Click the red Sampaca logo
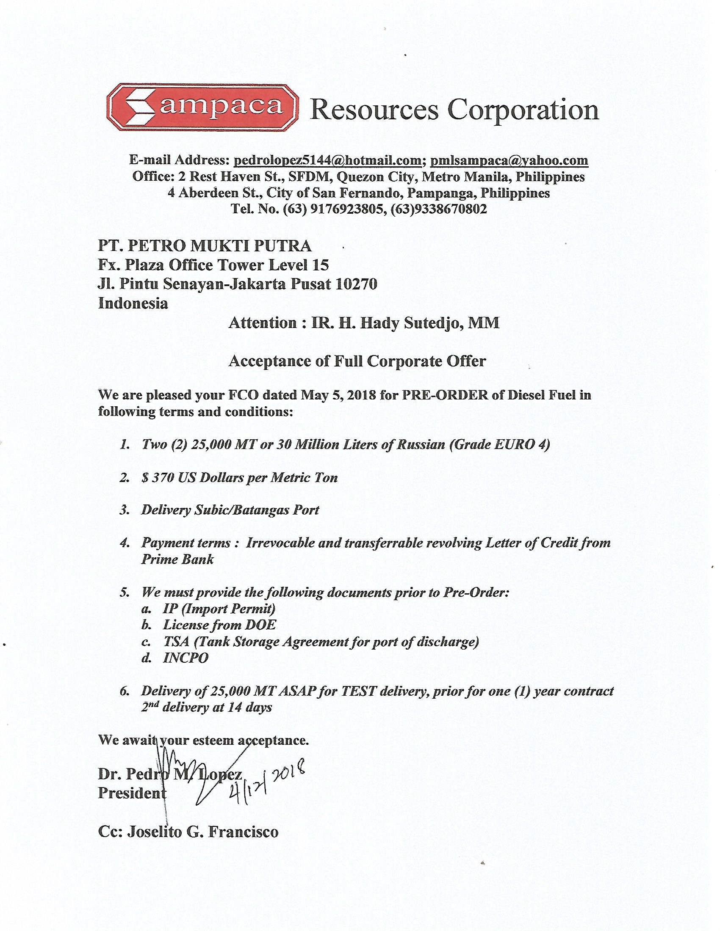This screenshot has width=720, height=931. coord(202,107)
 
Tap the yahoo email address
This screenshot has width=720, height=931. coord(509,160)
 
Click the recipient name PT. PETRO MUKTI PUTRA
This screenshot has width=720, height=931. coord(205,246)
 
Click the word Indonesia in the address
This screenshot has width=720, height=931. coord(133,303)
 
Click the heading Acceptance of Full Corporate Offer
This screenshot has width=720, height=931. coord(357,361)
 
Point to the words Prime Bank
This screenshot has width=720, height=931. coord(177,559)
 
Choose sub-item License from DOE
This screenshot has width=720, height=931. coord(219,625)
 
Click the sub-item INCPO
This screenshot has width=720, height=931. coord(186,658)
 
